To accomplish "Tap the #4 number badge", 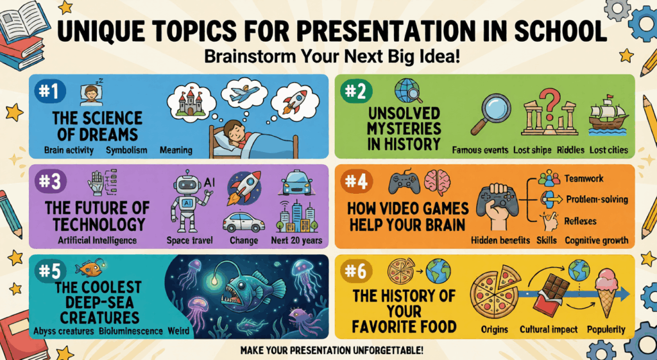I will coord(356,182).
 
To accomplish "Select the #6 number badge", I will coord(356,271).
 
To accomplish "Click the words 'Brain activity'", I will coord(69,150).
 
